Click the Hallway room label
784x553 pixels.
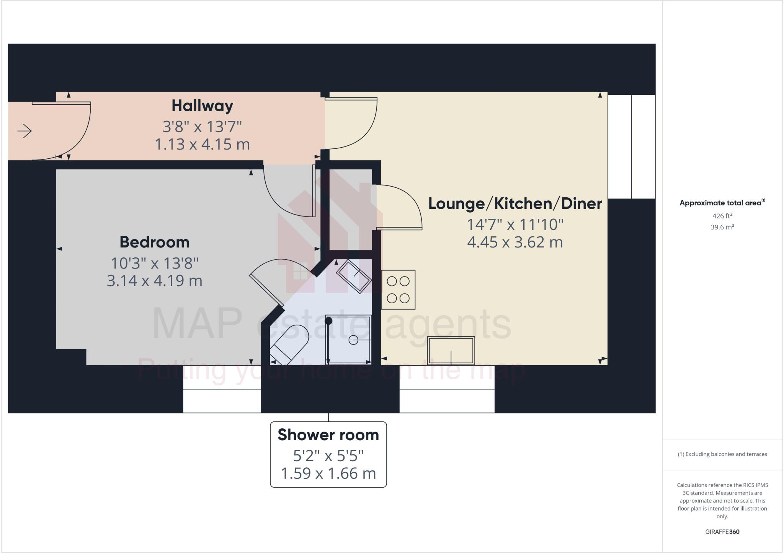(x=202, y=106)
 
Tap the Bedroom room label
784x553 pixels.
(x=154, y=242)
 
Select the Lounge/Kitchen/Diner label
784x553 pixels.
(x=515, y=203)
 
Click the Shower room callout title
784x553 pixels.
(x=328, y=435)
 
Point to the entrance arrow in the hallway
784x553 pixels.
(x=24, y=131)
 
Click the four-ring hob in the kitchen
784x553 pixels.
(x=398, y=290)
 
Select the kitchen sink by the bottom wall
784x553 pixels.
(x=451, y=350)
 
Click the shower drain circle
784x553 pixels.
(x=353, y=340)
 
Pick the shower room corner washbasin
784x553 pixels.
(x=354, y=276)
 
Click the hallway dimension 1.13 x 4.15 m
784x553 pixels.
(x=202, y=145)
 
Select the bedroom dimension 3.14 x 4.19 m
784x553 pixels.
(x=154, y=281)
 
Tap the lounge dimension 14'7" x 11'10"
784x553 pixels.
(x=515, y=224)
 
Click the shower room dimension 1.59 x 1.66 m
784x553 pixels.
(x=328, y=473)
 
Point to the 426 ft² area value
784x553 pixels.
(x=722, y=216)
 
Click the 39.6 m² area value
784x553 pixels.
(x=722, y=227)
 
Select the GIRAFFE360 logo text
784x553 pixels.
(x=722, y=532)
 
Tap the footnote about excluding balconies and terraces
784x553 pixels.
(x=722, y=454)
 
